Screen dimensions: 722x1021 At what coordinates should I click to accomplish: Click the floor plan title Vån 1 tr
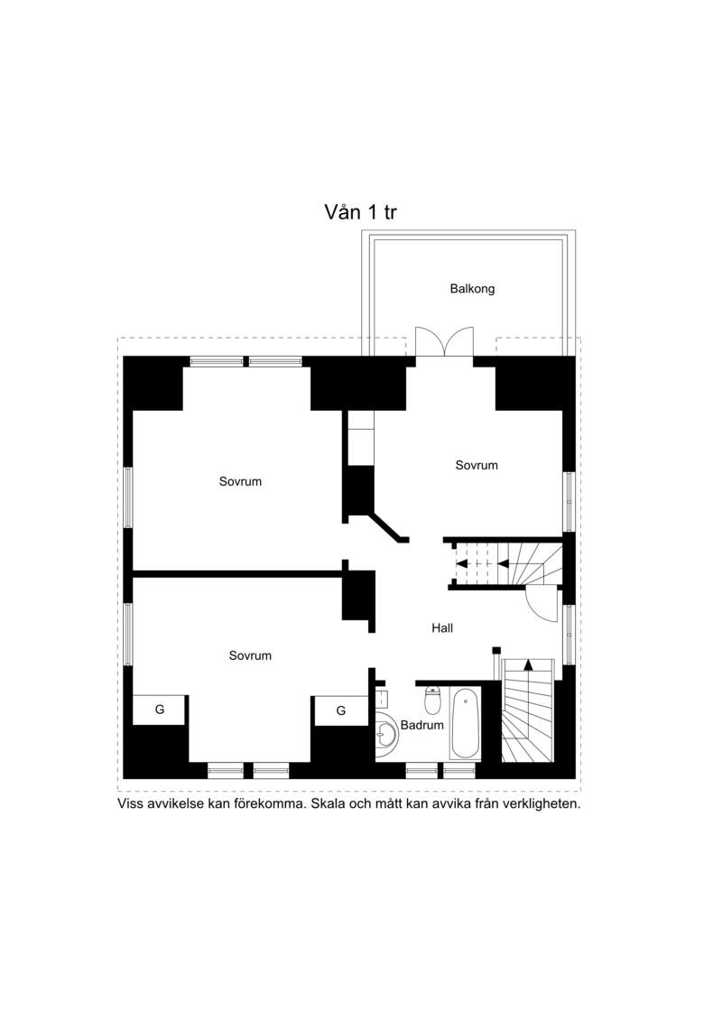tap(361, 211)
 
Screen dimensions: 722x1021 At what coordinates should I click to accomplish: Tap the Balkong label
tap(472, 289)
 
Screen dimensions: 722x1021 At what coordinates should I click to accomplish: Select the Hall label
tap(442, 627)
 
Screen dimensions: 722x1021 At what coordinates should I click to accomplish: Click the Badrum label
tap(421, 725)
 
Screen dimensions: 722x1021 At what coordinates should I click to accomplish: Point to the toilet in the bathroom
tap(432, 700)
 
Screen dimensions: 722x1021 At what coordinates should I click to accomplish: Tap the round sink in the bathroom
tap(386, 735)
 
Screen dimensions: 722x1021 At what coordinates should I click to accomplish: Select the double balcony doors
tap(445, 341)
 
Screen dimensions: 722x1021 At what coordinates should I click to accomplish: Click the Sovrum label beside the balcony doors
tap(477, 465)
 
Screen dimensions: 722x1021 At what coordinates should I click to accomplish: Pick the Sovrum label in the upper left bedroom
tap(240, 481)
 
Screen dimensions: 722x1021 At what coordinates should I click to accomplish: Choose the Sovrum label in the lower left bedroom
tap(250, 655)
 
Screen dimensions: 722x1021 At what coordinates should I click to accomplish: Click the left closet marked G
tap(160, 710)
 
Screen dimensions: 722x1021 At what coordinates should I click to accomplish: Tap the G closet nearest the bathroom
tap(340, 710)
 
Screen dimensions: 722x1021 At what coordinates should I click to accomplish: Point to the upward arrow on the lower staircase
tap(528, 665)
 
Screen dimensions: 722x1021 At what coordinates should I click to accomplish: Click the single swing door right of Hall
tap(541, 602)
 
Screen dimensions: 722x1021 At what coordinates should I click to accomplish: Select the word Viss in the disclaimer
tap(130, 803)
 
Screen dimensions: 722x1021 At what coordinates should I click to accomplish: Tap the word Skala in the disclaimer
tap(329, 803)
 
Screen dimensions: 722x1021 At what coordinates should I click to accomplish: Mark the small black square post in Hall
tap(496, 650)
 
